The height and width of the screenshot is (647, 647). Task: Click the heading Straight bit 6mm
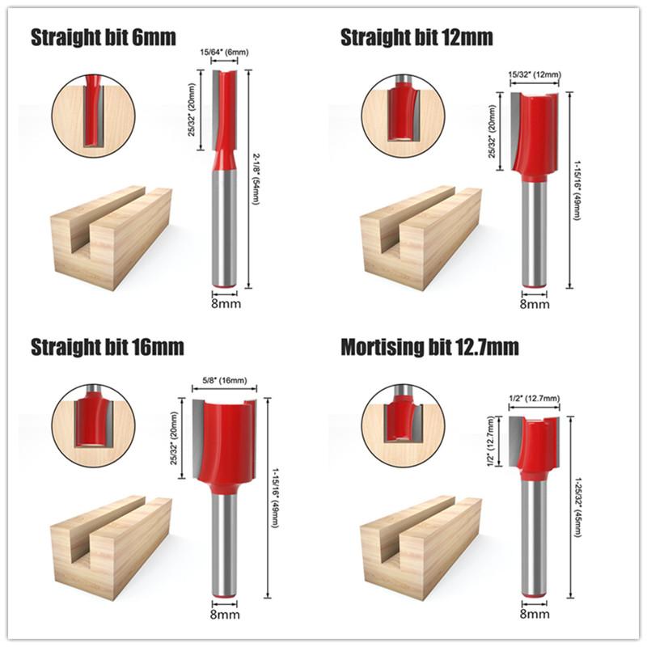(103, 37)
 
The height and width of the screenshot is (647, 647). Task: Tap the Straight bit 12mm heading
(417, 38)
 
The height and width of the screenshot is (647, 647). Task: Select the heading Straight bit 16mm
(108, 348)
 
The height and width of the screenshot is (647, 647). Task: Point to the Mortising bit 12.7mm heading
(429, 348)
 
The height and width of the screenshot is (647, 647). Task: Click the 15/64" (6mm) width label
(223, 53)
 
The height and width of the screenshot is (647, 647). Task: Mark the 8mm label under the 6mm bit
(225, 305)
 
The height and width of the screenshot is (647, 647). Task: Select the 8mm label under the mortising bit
(534, 614)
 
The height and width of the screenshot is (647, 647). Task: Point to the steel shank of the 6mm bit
(225, 235)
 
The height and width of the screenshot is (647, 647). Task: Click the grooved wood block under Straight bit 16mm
(111, 538)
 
